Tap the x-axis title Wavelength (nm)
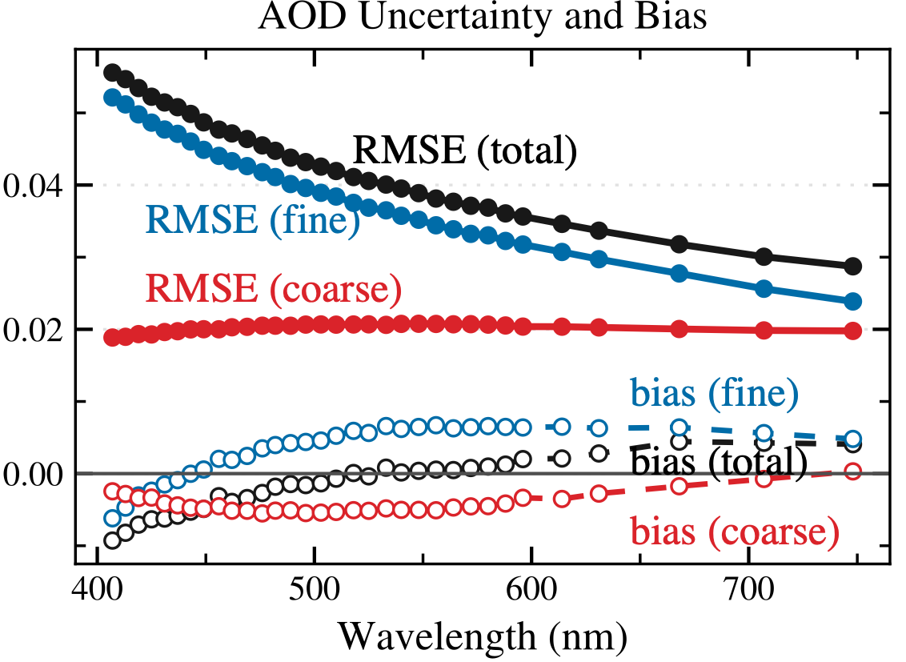tap(483, 636)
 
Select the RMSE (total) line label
tap(465, 150)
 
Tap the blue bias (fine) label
tap(715, 392)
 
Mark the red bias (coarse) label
tap(735, 530)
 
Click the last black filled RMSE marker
tap(853, 266)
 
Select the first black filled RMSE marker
tap(112, 73)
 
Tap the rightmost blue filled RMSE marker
tap(853, 301)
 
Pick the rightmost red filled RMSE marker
tap(853, 331)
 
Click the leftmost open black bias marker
tap(112, 540)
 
